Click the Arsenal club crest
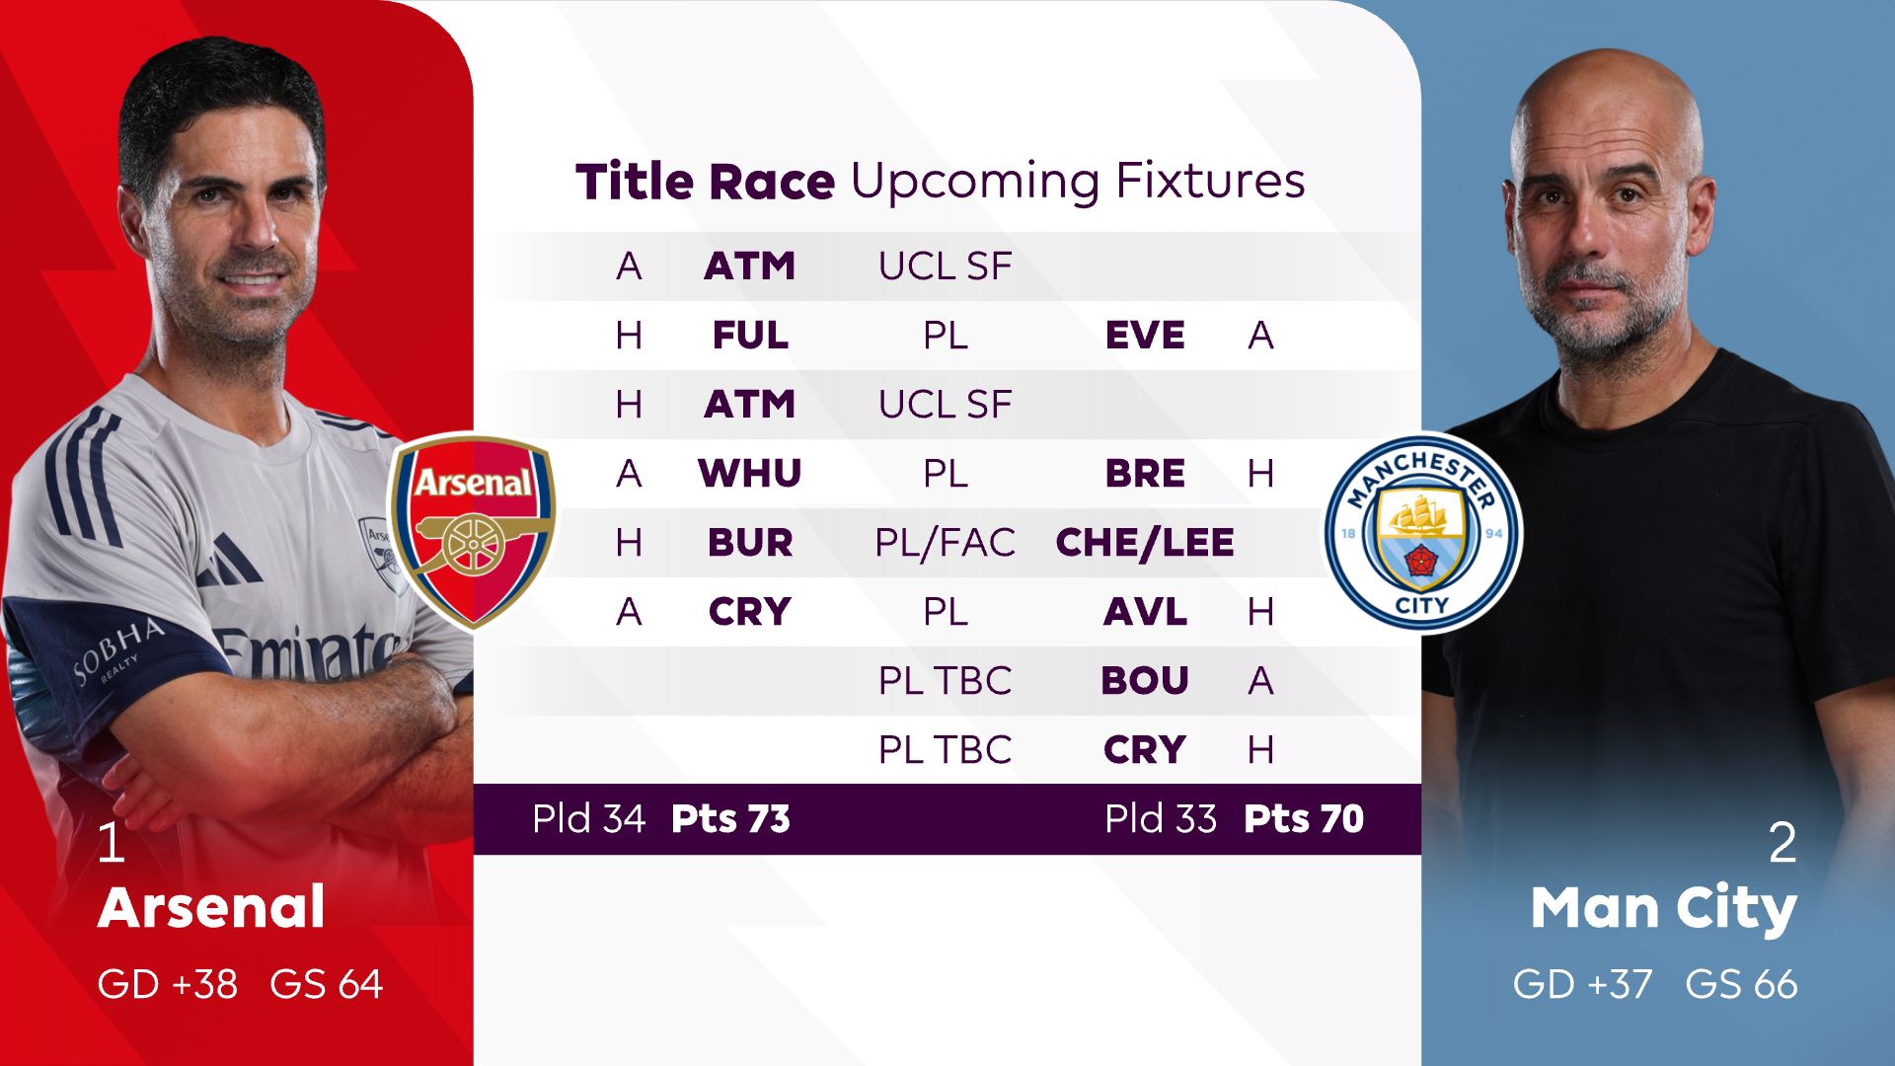pyautogui.click(x=474, y=531)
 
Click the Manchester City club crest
pyautogui.click(x=1421, y=533)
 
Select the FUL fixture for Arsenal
pyautogui.click(x=750, y=336)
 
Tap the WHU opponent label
pyautogui.click(x=750, y=474)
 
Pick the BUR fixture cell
pyautogui.click(x=750, y=543)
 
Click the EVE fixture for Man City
pyautogui.click(x=1145, y=336)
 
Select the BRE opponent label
pyautogui.click(x=1145, y=474)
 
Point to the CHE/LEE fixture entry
pyautogui.click(x=1145, y=543)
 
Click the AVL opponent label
pyautogui.click(x=1145, y=612)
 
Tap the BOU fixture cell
pyautogui.click(x=1145, y=681)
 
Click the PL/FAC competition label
pyautogui.click(x=945, y=543)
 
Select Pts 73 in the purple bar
pyautogui.click(x=730, y=819)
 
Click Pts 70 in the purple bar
pyautogui.click(x=1303, y=819)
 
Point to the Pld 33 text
pyautogui.click(x=1161, y=819)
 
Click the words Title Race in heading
pyautogui.click(x=705, y=183)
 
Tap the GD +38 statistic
pyautogui.click(x=168, y=984)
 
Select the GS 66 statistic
pyautogui.click(x=1741, y=984)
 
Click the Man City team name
pyautogui.click(x=1663, y=908)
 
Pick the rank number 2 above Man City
pyautogui.click(x=1781, y=844)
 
